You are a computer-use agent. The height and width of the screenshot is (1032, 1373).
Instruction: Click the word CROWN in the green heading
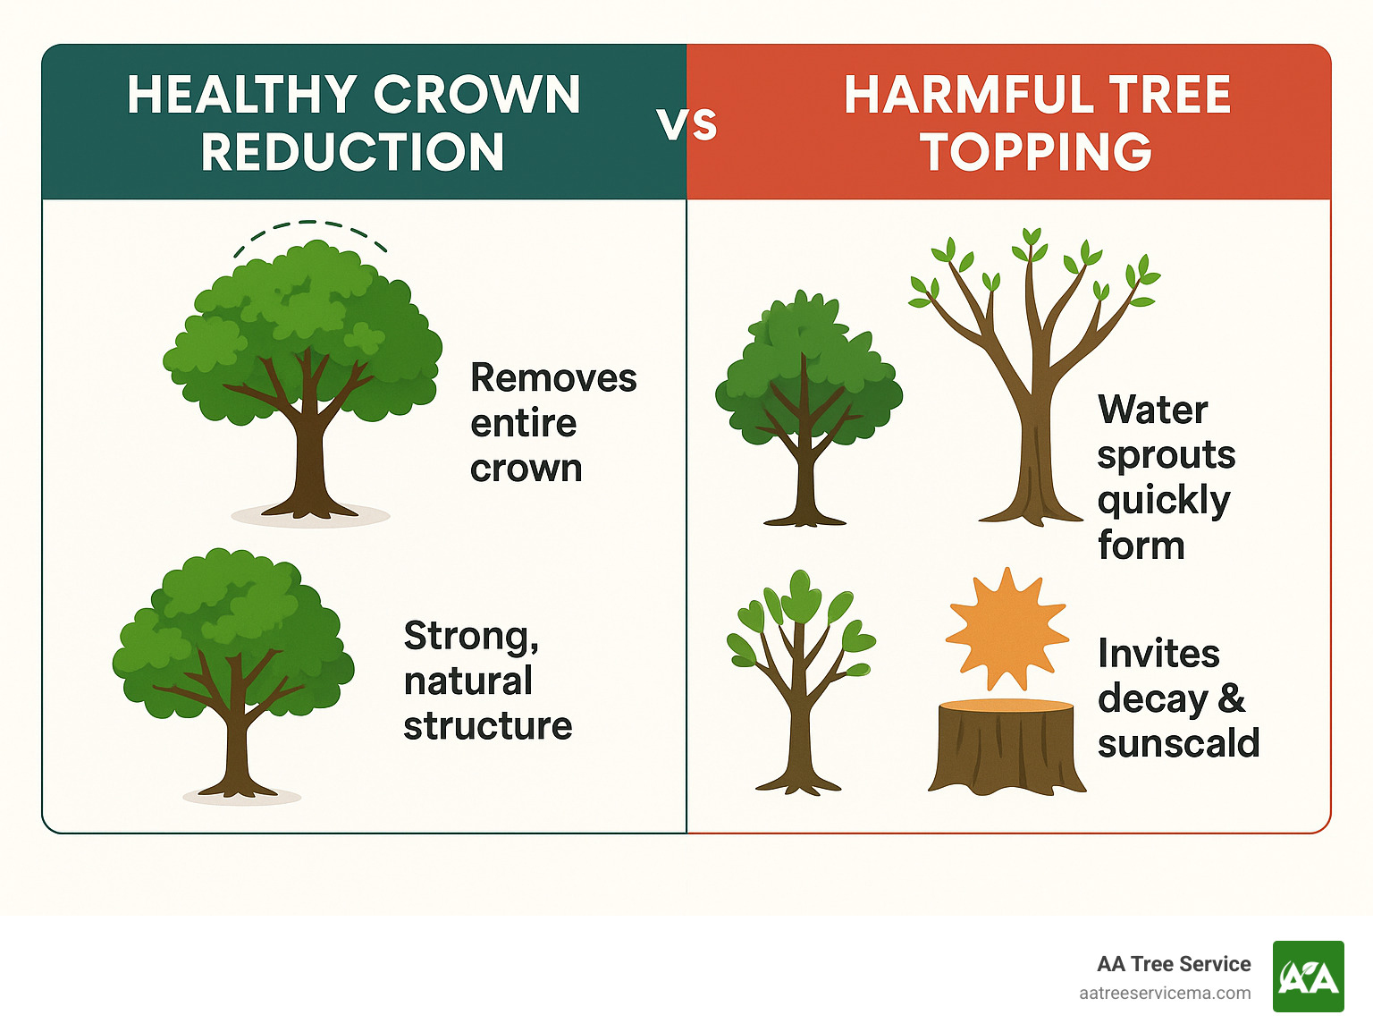(476, 95)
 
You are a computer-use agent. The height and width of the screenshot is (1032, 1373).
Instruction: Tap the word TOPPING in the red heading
(1036, 152)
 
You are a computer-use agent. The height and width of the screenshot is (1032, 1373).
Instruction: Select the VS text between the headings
(686, 124)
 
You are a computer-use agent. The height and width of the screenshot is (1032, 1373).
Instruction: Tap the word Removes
(553, 378)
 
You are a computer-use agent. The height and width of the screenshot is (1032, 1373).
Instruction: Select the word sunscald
(1178, 743)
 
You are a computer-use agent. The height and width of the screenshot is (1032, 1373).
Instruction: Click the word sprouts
(1166, 455)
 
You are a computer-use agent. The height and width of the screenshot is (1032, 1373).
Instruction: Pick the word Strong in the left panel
(470, 636)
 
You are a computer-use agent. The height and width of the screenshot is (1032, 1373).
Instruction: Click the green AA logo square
(1308, 977)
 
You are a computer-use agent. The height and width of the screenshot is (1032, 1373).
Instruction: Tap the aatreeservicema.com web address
(1165, 994)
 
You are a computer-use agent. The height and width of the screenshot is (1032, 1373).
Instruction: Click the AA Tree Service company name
(1174, 964)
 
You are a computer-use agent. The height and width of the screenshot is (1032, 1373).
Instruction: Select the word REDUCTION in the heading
(353, 152)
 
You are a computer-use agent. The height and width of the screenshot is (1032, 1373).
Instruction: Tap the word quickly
(1164, 501)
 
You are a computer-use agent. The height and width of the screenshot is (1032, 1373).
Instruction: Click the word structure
(487, 726)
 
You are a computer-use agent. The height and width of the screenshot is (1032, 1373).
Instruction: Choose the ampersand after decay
(1232, 698)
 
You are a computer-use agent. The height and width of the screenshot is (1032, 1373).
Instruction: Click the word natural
(467, 681)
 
